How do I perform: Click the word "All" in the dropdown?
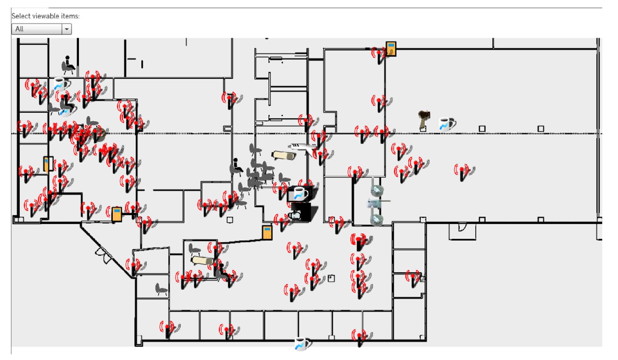(x=19, y=29)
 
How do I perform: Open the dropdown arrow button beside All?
(x=67, y=29)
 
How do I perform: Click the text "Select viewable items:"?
(x=46, y=16)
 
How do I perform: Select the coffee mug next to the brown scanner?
(x=447, y=124)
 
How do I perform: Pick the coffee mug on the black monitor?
(x=300, y=194)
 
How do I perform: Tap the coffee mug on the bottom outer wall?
(x=302, y=344)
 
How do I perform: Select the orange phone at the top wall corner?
(x=391, y=49)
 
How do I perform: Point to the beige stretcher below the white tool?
(x=283, y=155)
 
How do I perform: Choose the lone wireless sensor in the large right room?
(x=462, y=172)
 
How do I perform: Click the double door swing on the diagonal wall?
(x=103, y=255)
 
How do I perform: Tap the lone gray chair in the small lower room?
(x=161, y=289)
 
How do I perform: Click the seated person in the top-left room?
(x=68, y=64)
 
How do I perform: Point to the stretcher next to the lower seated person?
(x=202, y=261)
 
